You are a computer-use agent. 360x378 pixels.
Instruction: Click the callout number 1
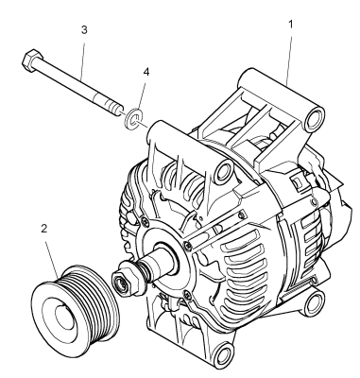[290, 24]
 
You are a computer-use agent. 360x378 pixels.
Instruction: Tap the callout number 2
[44, 229]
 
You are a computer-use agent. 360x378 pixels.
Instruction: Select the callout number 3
[84, 30]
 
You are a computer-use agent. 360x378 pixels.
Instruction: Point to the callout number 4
[146, 72]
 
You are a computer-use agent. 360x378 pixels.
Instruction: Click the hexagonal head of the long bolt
[32, 60]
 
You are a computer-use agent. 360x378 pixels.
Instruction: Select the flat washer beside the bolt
[132, 118]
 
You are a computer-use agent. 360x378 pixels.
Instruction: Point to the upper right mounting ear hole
[314, 118]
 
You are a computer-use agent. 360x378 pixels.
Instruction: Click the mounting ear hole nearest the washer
[224, 170]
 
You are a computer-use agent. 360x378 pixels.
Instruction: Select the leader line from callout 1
[289, 58]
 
